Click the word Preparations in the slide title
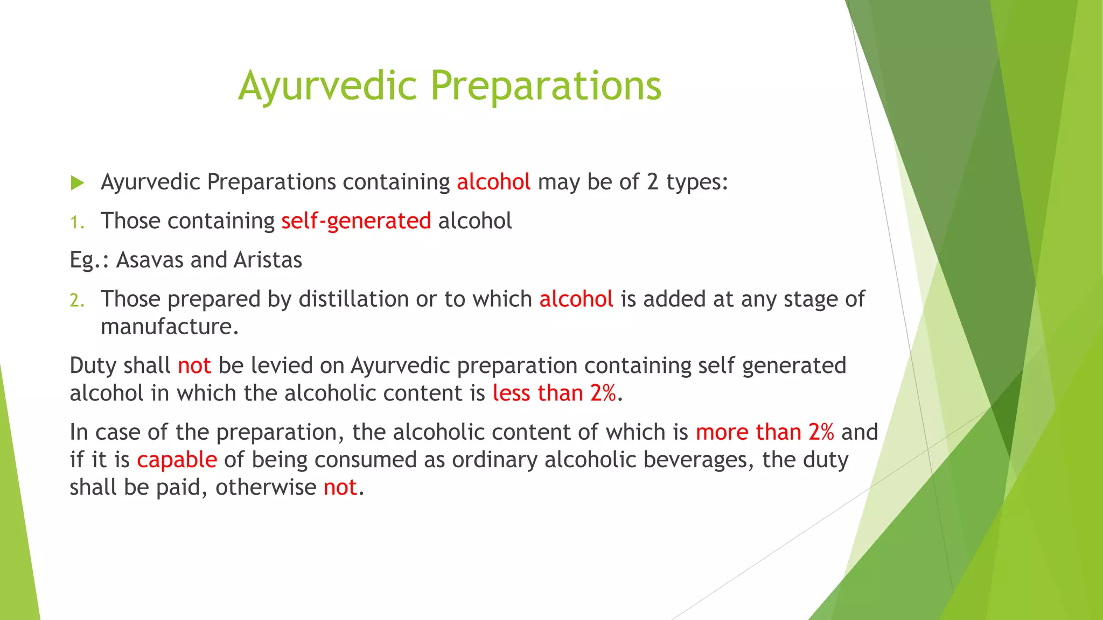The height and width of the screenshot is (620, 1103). point(546,86)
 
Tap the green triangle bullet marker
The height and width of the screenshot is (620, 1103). point(78,183)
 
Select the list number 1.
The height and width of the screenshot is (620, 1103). point(77,222)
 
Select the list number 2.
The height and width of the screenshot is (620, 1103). point(77,300)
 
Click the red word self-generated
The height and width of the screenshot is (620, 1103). point(356,221)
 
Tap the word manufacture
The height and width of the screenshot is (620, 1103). point(169,327)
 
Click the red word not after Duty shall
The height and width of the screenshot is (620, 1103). point(194,366)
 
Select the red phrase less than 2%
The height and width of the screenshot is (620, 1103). point(554,393)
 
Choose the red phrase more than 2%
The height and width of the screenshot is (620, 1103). point(765,432)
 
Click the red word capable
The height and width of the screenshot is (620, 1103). point(177,460)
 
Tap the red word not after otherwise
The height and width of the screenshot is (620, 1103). point(340,488)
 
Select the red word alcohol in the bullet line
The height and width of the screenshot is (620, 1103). point(493,182)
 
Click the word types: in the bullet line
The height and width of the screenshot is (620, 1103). point(697,182)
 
